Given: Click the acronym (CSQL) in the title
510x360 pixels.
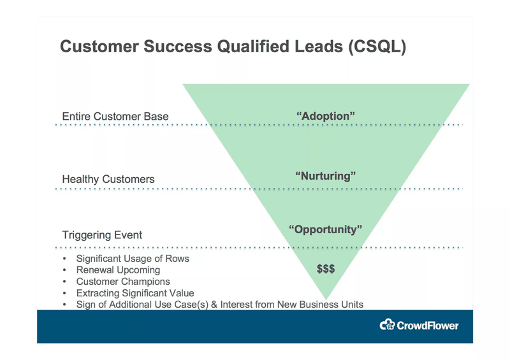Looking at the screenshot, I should [x=377, y=47].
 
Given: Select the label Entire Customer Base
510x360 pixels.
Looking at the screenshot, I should [x=115, y=117].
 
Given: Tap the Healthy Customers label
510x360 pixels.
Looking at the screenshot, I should [x=108, y=179].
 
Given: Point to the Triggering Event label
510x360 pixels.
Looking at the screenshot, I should [x=102, y=235].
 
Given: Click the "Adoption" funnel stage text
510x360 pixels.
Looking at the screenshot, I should [x=326, y=116].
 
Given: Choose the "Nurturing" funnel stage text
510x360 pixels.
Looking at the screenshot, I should [x=326, y=175].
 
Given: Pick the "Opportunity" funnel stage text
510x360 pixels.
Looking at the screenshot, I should [x=326, y=229].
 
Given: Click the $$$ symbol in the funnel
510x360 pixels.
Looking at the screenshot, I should [x=326, y=269].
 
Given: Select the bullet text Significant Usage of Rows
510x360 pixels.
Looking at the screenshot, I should [x=132, y=259].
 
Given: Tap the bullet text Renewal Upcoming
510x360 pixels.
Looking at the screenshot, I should [x=118, y=270].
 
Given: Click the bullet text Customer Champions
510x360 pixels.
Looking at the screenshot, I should [x=123, y=282].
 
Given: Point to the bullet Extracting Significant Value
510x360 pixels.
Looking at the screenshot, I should [x=135, y=293].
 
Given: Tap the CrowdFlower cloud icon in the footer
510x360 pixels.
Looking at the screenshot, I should [x=387, y=325].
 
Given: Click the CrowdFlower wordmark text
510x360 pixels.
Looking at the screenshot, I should [x=427, y=326].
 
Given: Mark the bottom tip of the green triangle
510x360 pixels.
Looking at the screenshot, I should [x=326, y=299].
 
